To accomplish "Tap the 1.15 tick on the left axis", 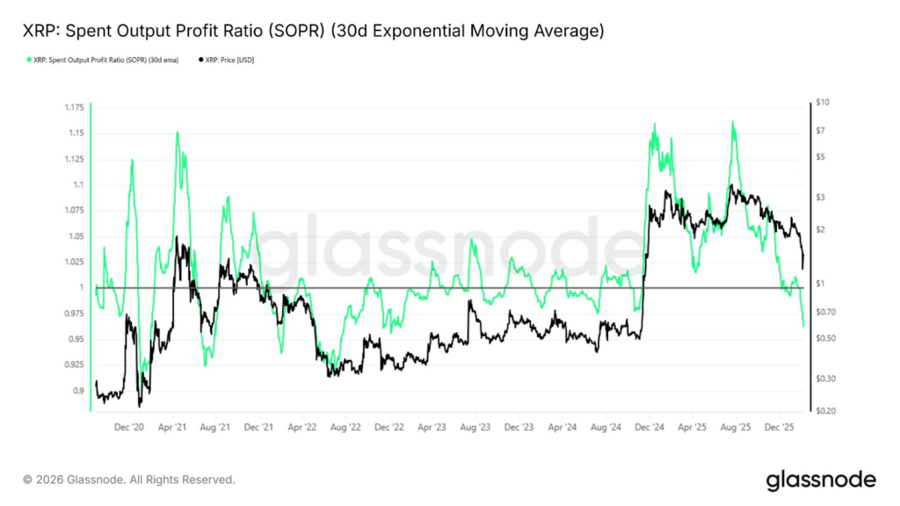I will coord(76,133).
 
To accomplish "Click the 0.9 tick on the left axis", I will coord(78,391).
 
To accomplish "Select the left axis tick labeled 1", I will coord(82,288).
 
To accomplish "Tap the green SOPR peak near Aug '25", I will coord(733,122).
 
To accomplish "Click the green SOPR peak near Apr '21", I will coord(178,133).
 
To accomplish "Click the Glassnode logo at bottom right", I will coord(821,480).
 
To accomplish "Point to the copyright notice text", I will coord(129,480).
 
